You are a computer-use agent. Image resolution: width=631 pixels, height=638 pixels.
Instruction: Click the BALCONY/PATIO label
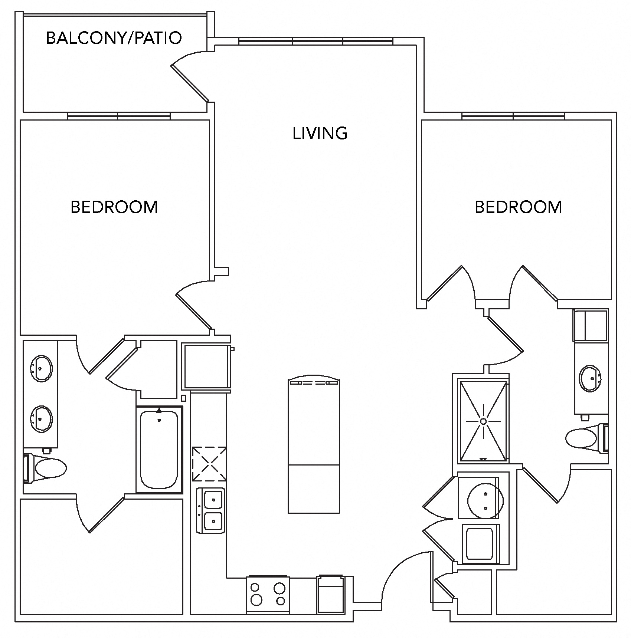click(114, 38)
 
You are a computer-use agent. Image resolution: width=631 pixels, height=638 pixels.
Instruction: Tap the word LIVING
click(320, 134)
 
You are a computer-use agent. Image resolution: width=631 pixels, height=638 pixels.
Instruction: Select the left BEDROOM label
click(114, 207)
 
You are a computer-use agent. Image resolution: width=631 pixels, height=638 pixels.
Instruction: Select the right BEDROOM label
click(518, 207)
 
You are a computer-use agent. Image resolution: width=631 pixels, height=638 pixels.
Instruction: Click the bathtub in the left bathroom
click(159, 449)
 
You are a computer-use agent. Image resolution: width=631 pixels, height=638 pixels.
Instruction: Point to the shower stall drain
click(483, 421)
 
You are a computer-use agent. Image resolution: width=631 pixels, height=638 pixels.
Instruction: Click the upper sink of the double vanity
click(41, 368)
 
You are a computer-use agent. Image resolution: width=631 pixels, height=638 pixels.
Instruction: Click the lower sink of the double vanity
click(41, 419)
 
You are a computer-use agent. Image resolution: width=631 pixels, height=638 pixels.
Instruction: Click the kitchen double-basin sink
click(210, 510)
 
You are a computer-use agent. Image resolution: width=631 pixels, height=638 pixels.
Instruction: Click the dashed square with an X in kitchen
click(209, 464)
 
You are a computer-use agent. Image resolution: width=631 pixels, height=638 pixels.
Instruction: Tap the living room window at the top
click(315, 42)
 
